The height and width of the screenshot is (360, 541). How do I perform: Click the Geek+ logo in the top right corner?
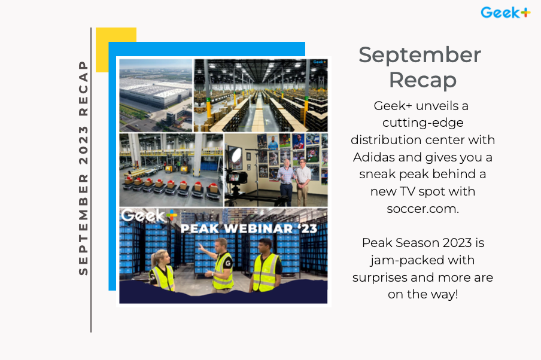(505, 12)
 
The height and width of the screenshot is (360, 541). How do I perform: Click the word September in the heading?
(420, 55)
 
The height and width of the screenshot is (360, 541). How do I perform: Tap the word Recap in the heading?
(423, 80)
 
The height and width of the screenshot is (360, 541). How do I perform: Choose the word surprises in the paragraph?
(384, 277)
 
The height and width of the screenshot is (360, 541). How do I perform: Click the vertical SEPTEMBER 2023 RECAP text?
(83, 167)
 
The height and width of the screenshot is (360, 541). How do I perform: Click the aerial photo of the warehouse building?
(156, 94)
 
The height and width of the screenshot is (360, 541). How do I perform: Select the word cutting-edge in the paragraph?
(423, 123)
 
